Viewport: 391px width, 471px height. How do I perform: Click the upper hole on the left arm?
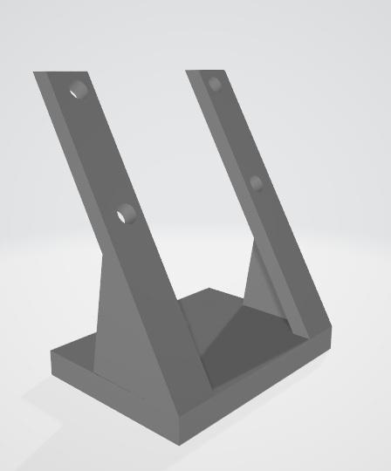pyautogui.click(x=79, y=89)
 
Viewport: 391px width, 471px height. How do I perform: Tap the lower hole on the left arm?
pyautogui.click(x=126, y=212)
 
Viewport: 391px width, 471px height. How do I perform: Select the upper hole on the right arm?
pyautogui.click(x=215, y=84)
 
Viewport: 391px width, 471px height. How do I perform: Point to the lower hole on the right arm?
pyautogui.click(x=256, y=182)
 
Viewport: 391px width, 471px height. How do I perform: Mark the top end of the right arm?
pyautogui.click(x=207, y=70)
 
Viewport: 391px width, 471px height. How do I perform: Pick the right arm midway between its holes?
pyautogui.click(x=236, y=133)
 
